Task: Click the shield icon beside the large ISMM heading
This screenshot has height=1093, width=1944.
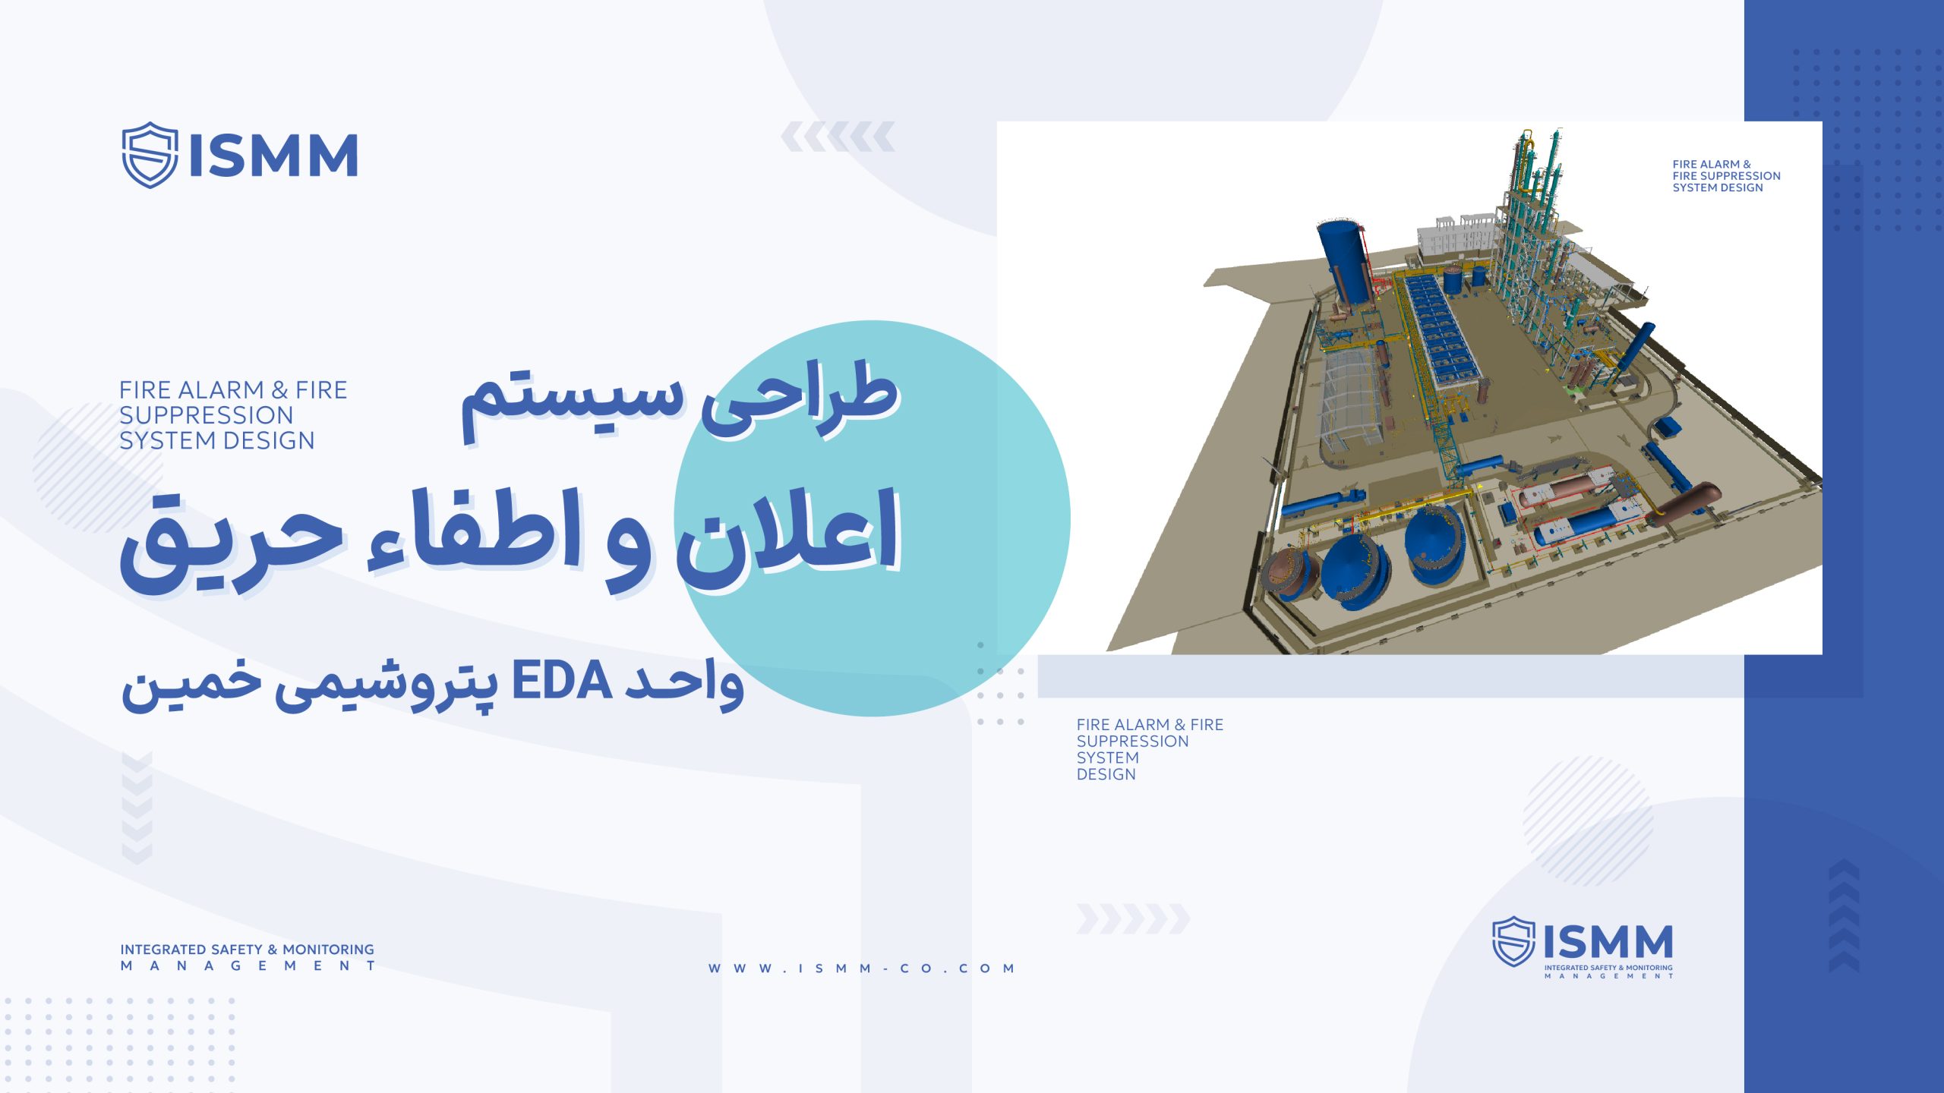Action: point(150,155)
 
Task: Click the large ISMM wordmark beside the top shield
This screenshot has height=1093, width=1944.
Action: point(273,156)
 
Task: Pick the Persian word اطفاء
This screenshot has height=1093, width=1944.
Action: point(475,531)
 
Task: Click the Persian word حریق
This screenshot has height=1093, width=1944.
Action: point(232,543)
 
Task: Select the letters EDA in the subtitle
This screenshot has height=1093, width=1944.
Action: point(562,681)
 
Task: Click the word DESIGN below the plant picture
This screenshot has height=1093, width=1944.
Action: point(1106,774)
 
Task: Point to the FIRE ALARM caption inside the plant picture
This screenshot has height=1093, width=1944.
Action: point(1726,176)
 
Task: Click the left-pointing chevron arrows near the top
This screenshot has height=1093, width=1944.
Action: point(838,137)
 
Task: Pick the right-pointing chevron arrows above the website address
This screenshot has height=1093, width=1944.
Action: point(1133,919)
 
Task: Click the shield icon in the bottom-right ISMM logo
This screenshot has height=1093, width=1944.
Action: point(1513,941)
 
